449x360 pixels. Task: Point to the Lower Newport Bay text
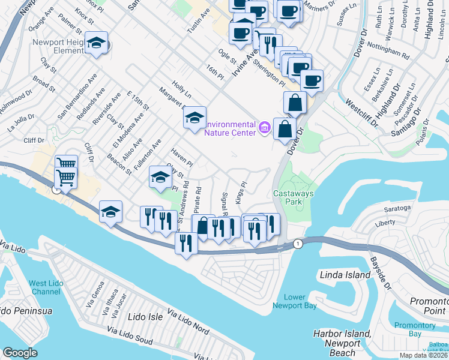point(294,301)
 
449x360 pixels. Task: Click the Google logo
point(20,353)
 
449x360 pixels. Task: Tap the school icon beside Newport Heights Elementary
point(96,43)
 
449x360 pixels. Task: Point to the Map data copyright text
point(424,355)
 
